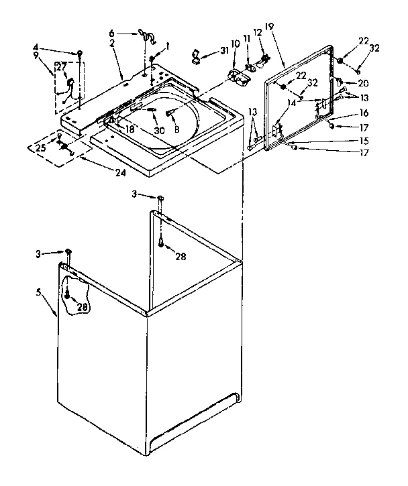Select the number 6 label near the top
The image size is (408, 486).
(x=112, y=32)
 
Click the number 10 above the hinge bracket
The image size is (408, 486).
(x=235, y=44)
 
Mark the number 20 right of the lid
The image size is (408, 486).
(x=363, y=84)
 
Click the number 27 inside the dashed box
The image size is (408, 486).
(x=60, y=67)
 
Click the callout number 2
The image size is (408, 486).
(x=112, y=42)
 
